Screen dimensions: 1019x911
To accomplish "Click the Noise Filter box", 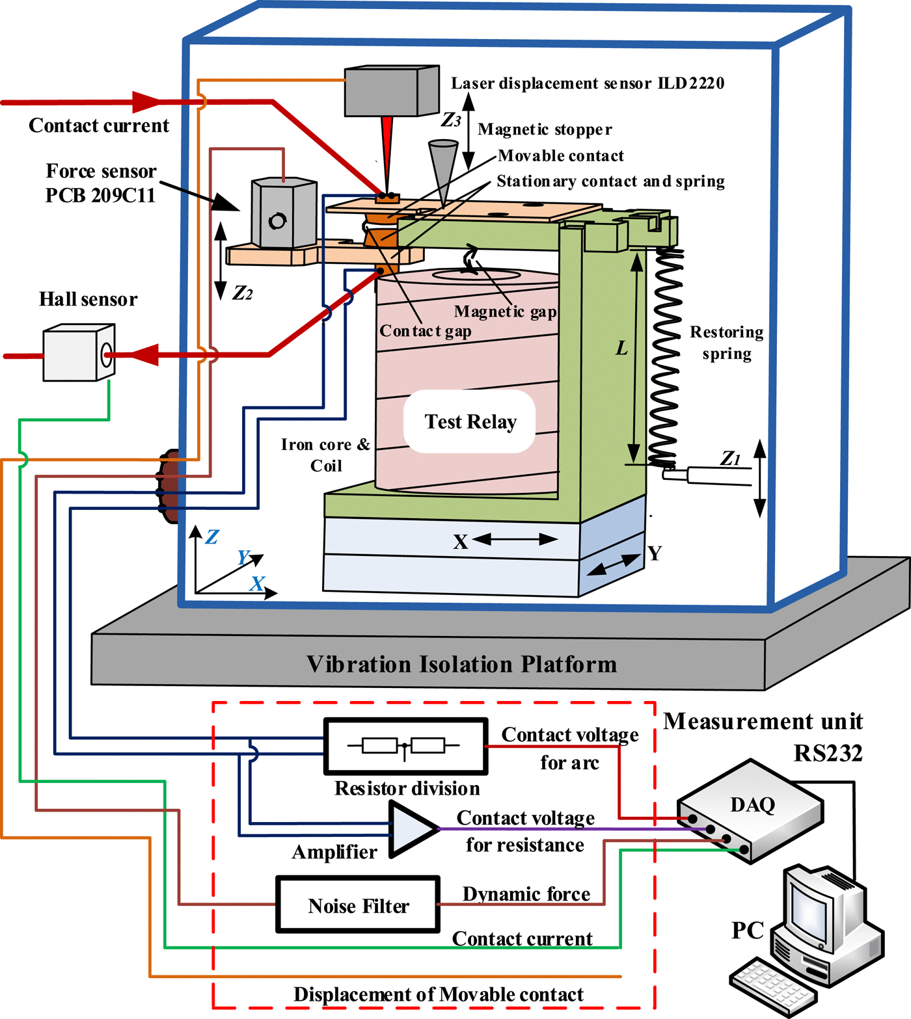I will [x=358, y=905].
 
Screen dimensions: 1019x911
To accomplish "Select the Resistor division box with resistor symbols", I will [x=405, y=746].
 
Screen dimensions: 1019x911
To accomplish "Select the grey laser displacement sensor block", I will [x=391, y=91].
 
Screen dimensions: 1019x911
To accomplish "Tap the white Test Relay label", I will [x=470, y=422].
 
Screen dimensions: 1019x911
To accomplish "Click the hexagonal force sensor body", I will [x=284, y=213].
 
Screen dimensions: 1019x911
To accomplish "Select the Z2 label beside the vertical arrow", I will [x=242, y=293].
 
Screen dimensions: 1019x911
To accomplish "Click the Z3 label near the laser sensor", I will [x=451, y=120].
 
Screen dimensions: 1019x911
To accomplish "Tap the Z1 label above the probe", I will [x=730, y=458].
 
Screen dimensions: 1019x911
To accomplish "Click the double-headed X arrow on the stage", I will [x=515, y=539].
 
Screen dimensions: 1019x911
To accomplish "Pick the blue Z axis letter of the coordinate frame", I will [x=212, y=536].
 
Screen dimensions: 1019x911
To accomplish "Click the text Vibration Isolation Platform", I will [x=461, y=664].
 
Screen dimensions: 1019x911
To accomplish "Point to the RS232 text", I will [x=828, y=753].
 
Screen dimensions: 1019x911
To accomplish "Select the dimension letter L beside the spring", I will [x=622, y=348].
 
